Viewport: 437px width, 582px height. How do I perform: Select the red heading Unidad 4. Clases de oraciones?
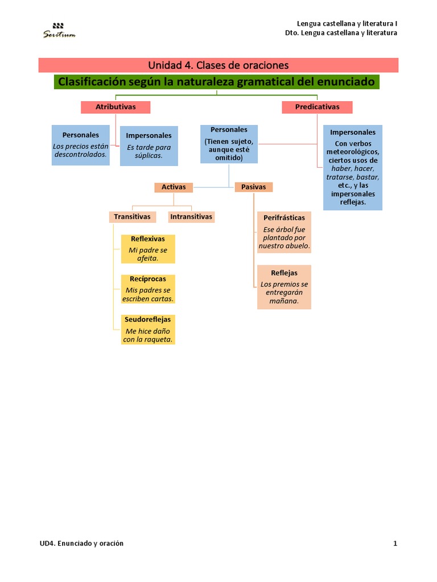click(218, 65)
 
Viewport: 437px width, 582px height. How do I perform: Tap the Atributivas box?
click(116, 107)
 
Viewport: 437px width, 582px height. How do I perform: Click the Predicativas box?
click(317, 107)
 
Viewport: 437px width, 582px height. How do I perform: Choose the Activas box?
click(174, 187)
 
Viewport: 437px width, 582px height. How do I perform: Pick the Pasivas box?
click(254, 187)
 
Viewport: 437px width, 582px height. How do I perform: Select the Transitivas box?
click(132, 217)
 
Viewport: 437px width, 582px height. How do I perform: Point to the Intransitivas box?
click(191, 217)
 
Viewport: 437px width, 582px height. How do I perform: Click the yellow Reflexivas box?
click(148, 248)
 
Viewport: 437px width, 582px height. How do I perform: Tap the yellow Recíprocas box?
click(148, 289)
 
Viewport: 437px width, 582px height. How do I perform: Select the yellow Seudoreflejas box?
click(148, 329)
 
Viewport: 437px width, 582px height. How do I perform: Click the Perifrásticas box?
click(284, 232)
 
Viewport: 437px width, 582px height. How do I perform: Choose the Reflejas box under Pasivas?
click(284, 286)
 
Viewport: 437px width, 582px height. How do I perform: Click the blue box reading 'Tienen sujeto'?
click(229, 144)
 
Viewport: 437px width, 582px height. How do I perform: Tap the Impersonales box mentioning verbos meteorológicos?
click(353, 167)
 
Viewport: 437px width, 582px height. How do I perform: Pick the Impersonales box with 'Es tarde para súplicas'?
click(149, 145)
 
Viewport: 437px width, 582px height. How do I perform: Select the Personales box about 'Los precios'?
click(80, 145)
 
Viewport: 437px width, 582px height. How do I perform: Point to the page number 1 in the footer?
click(395, 543)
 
